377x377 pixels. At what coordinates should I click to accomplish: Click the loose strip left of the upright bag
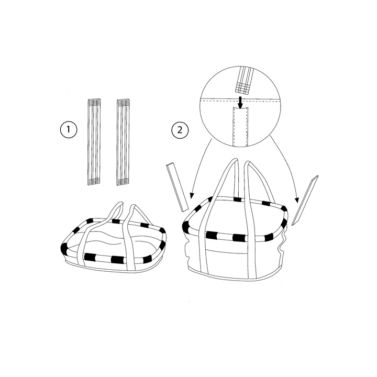(176, 186)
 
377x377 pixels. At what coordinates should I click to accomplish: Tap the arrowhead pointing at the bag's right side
(296, 200)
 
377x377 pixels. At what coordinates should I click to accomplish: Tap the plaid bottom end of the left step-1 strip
(92, 181)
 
